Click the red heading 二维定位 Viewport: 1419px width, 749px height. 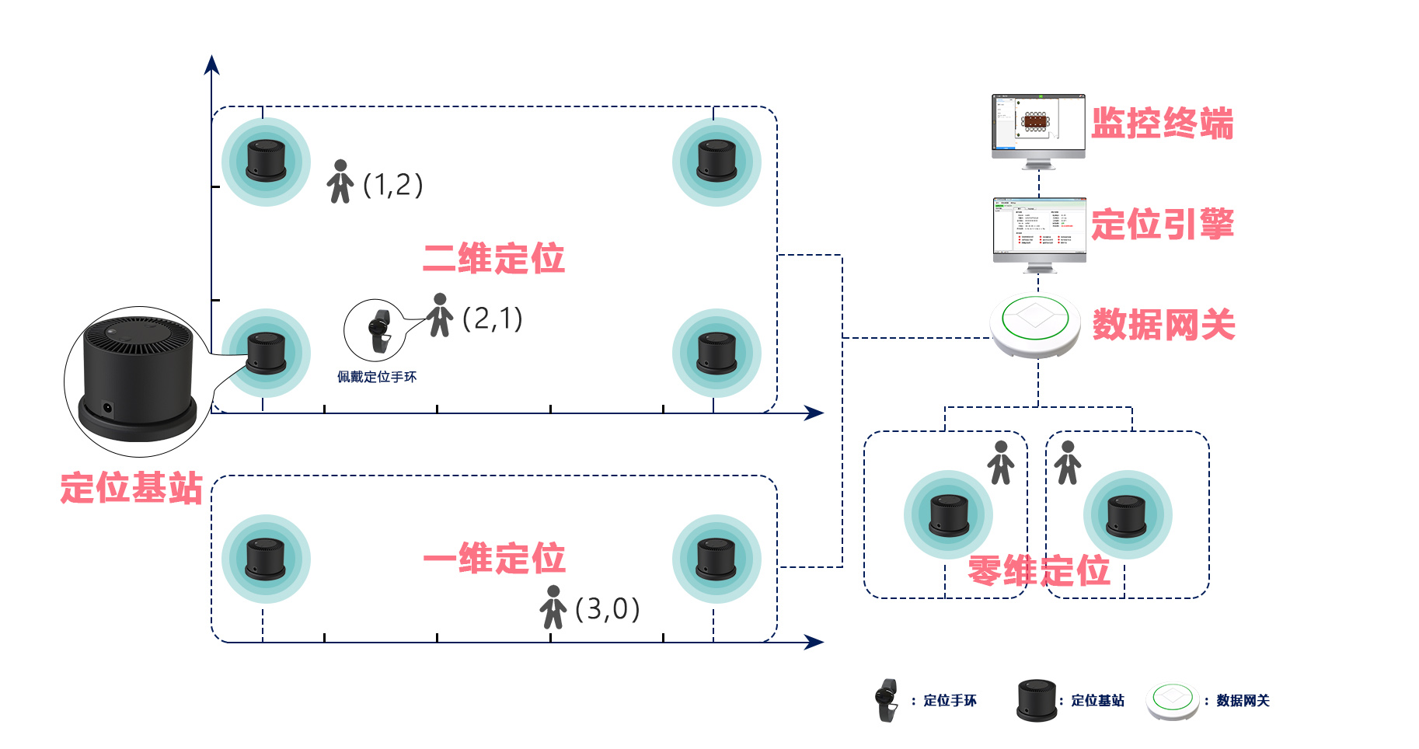[493, 259]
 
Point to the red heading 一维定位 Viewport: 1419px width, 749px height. [493, 559]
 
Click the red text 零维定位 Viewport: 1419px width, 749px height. [1039, 571]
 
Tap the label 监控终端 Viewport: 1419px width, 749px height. [1162, 124]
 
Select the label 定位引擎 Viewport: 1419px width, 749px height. [1162, 225]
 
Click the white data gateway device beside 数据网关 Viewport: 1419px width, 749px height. [1035, 325]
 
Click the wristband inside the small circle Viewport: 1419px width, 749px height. [379, 331]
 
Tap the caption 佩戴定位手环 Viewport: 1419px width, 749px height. [377, 377]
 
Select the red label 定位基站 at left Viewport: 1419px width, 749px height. [131, 489]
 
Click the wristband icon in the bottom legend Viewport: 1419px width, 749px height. [886, 700]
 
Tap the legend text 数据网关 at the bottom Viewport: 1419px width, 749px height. [1243, 701]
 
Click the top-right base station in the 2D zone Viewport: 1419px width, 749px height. [716, 162]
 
